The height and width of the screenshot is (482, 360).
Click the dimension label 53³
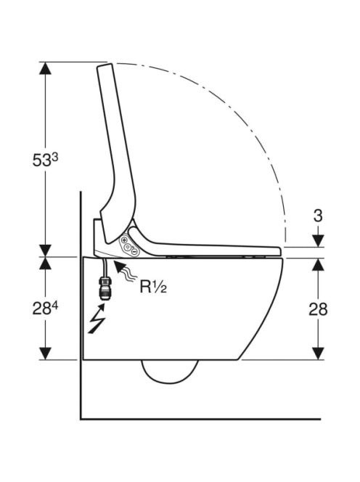point(45,160)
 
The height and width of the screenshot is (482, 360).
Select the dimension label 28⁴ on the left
point(45,309)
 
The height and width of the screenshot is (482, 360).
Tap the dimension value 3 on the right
point(318,216)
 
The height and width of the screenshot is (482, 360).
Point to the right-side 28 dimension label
point(318,309)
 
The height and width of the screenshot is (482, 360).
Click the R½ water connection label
point(153,287)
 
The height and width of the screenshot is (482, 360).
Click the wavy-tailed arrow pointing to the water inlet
point(125,271)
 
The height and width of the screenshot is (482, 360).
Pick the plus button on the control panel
point(125,240)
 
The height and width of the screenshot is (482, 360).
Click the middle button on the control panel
point(127,246)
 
